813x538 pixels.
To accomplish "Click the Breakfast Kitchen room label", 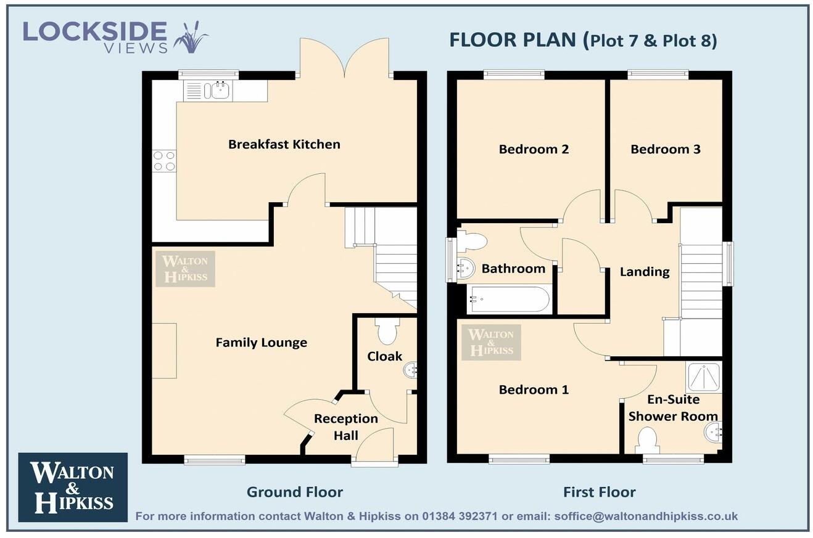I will [x=284, y=144].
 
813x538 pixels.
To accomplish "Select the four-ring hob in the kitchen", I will [x=164, y=161].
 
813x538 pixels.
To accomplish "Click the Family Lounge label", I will [x=261, y=343].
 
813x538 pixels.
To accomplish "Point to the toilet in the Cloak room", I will [x=387, y=332].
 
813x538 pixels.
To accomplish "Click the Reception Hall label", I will [x=345, y=426].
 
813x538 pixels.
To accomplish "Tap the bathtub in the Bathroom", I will [x=508, y=300].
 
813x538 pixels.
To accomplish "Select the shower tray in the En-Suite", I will [x=703, y=377].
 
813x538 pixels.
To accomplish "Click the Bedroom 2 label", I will [x=534, y=149].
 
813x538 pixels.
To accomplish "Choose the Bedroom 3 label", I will [x=665, y=149].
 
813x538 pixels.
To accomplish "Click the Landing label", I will [x=644, y=272].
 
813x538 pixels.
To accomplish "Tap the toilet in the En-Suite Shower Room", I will [x=646, y=440].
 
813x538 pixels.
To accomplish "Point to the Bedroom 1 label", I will [x=534, y=389].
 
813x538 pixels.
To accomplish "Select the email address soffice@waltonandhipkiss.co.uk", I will [x=646, y=516].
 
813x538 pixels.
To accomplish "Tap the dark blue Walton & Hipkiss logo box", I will [x=73, y=487].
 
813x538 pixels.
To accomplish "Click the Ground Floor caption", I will [x=294, y=492].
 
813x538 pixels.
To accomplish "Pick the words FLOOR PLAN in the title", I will [x=512, y=40].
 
